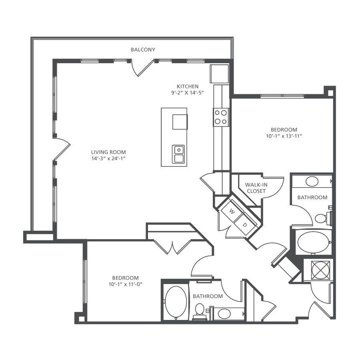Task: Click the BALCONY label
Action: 143,49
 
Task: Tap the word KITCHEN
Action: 188,86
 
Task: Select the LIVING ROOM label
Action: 108,152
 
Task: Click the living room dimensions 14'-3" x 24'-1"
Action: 108,158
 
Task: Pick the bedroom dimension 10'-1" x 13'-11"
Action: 284,136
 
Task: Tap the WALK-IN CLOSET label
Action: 256,188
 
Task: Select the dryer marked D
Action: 245,224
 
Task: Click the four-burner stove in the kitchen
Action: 221,117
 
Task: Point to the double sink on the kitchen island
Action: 179,154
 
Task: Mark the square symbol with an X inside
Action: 319,270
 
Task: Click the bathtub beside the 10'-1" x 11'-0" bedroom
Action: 175,302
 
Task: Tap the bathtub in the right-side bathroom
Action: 314,242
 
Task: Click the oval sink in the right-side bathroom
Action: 312,181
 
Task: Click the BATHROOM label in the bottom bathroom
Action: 208,296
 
